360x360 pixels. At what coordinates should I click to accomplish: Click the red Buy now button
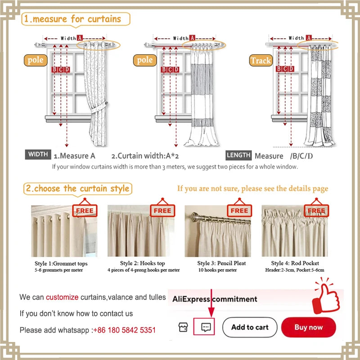tap(308, 327)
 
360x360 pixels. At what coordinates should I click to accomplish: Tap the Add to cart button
tap(250, 327)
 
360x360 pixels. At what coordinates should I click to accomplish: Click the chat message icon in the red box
tap(206, 327)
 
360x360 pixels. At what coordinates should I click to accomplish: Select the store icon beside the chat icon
tap(183, 327)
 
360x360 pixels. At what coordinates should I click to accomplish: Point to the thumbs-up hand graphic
tap(328, 297)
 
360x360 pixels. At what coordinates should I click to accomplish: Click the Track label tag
tap(261, 60)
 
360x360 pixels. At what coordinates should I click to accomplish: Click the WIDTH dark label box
tap(38, 155)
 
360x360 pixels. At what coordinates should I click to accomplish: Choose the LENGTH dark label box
tap(238, 155)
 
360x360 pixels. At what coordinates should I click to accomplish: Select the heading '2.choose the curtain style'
tap(77, 189)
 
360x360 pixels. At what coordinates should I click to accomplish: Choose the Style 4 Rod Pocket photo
tap(295, 230)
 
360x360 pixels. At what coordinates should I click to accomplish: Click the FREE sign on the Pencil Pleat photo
tap(239, 211)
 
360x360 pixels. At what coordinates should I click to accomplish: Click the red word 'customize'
tap(62, 297)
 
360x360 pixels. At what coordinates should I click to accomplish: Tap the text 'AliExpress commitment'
tap(215, 299)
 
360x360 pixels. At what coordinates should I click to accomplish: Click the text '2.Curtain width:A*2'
tap(145, 156)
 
